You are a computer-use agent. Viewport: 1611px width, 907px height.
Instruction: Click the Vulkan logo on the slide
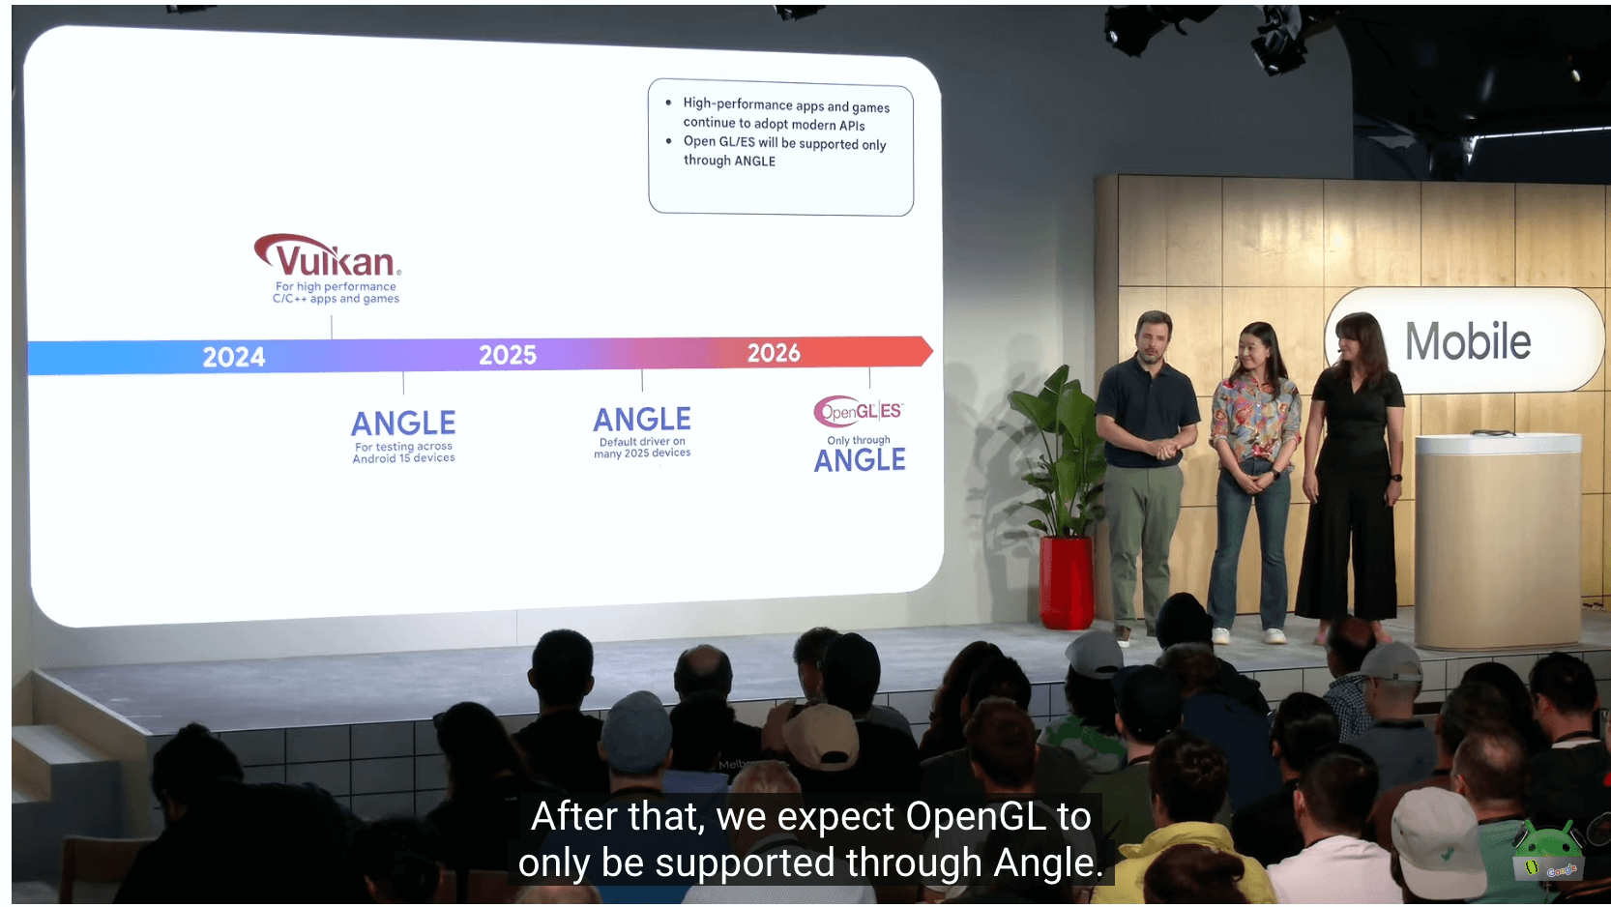click(x=328, y=256)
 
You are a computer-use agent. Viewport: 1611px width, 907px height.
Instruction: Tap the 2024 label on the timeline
click(x=234, y=357)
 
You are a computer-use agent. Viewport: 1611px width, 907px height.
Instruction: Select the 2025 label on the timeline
click(x=508, y=355)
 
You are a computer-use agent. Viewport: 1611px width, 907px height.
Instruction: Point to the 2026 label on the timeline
click(x=774, y=352)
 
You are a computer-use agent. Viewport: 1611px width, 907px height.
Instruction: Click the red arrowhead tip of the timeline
click(x=933, y=351)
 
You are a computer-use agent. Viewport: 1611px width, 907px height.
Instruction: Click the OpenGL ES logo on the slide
click(x=858, y=411)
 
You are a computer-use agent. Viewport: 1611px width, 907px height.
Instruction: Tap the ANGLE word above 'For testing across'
click(x=402, y=424)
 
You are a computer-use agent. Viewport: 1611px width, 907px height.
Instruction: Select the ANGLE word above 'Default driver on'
click(x=641, y=420)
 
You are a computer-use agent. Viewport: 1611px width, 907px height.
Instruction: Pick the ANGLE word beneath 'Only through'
click(x=860, y=460)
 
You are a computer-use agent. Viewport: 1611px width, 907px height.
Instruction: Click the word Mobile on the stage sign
click(x=1468, y=341)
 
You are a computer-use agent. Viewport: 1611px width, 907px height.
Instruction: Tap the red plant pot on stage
click(x=1067, y=583)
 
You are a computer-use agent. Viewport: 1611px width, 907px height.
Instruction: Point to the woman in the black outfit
click(x=1352, y=475)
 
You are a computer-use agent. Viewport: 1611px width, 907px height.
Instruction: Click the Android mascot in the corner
click(x=1548, y=852)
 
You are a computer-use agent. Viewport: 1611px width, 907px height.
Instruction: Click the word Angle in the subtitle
click(x=1047, y=863)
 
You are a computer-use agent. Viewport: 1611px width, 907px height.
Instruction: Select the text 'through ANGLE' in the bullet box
click(x=729, y=161)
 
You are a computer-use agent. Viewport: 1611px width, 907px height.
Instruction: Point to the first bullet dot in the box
click(x=668, y=102)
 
